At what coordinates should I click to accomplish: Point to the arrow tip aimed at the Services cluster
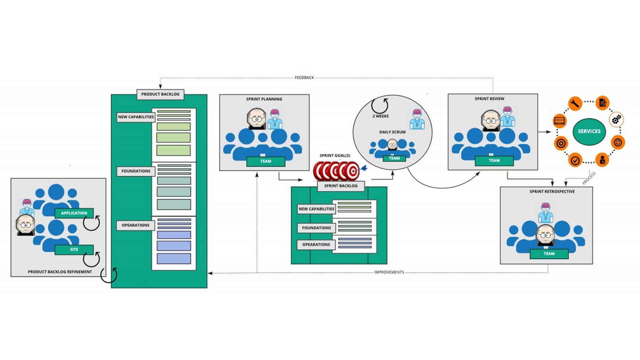pyautogui.click(x=550, y=132)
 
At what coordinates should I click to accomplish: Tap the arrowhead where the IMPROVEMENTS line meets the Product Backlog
pyautogui.click(x=208, y=273)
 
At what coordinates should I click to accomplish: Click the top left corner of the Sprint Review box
pyautogui.click(x=448, y=94)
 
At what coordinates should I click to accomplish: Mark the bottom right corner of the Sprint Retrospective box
pyautogui.click(x=592, y=264)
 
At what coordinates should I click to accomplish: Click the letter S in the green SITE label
pyautogui.click(x=71, y=250)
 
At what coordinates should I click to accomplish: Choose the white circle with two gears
pyautogui.click(x=616, y=120)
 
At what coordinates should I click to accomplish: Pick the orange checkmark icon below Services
pyautogui.click(x=575, y=160)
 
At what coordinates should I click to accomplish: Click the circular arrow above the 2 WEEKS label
pyautogui.click(x=380, y=106)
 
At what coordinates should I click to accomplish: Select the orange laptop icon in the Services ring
pyautogui.click(x=559, y=120)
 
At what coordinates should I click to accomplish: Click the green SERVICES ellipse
pyautogui.click(x=589, y=132)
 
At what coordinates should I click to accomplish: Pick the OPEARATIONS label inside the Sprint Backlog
pyautogui.click(x=316, y=244)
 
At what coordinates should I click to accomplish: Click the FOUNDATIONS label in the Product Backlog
pyautogui.click(x=136, y=171)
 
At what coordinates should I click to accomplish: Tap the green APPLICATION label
pyautogui.click(x=74, y=213)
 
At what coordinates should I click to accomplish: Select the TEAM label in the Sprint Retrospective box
pyautogui.click(x=549, y=254)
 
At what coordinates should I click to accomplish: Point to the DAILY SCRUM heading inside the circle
pyautogui.click(x=392, y=132)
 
